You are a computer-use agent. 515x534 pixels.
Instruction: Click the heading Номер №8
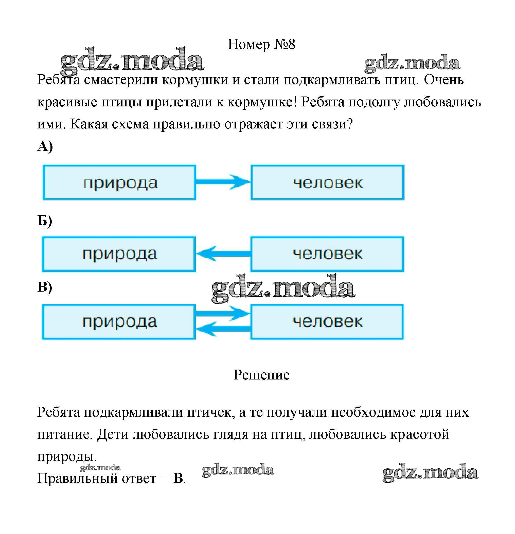point(261,44)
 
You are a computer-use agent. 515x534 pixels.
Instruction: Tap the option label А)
point(45,147)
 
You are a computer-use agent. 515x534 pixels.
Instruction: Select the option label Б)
point(45,221)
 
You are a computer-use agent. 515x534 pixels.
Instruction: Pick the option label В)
point(45,287)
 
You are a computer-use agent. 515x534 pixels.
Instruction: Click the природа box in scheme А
point(119,182)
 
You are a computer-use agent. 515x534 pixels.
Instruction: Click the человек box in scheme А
point(328,182)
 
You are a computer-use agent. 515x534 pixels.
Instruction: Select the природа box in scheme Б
point(119,254)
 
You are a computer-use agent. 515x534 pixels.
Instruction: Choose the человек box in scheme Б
point(327,254)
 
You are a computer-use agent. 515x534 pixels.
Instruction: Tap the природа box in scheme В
point(119,322)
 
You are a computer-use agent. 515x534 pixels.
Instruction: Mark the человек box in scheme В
point(327,322)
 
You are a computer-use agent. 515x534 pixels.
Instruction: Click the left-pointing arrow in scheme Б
point(223,254)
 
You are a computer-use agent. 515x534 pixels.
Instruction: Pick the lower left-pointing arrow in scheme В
point(223,329)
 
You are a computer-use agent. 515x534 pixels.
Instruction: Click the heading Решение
point(262,375)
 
